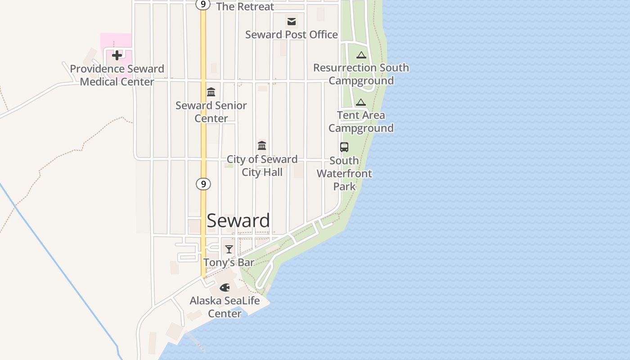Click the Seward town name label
click(x=238, y=220)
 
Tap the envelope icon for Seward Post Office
click(x=292, y=21)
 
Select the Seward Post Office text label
click(x=292, y=35)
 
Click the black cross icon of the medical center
click(x=117, y=55)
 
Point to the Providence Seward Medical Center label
click(x=117, y=75)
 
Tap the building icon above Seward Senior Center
click(x=211, y=92)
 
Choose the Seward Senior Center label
click(x=211, y=112)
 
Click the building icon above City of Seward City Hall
click(x=262, y=145)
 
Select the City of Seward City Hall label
click(x=262, y=166)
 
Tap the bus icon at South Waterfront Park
click(x=344, y=147)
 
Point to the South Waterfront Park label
click(x=344, y=173)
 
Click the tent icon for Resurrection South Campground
click(x=361, y=55)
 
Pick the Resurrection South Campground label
click(x=361, y=74)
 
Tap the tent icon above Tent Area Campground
click(x=361, y=102)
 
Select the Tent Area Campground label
click(x=361, y=121)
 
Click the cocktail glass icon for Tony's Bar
click(x=229, y=249)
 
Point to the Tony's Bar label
click(x=229, y=262)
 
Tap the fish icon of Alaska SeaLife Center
click(x=225, y=287)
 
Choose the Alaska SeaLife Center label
click(x=225, y=306)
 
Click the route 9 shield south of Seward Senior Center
click(x=203, y=184)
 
